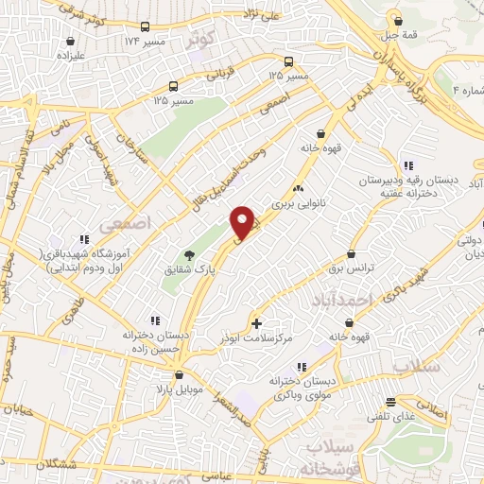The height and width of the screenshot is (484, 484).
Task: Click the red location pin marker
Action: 244,222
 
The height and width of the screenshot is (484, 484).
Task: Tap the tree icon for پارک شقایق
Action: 188,255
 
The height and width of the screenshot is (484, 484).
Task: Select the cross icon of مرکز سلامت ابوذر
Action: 257,323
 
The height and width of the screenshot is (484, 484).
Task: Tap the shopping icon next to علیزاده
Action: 72,42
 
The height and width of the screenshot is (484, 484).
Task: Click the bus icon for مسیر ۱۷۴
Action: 145,27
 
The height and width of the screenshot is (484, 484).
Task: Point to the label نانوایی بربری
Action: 299,202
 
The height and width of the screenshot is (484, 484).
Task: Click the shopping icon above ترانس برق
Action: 352,253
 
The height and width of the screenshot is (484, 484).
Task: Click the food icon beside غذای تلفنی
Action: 389,400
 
